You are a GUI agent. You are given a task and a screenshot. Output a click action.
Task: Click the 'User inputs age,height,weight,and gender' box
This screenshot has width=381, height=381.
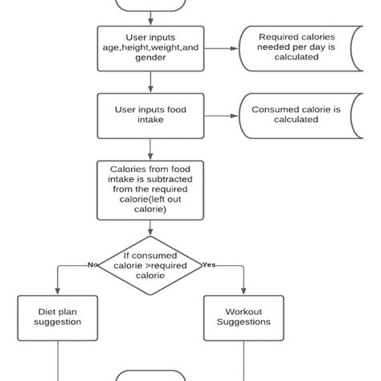(150, 48)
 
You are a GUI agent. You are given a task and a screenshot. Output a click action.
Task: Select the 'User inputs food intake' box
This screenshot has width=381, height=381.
(150, 116)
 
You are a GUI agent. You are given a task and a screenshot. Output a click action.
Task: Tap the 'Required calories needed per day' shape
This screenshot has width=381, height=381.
(301, 48)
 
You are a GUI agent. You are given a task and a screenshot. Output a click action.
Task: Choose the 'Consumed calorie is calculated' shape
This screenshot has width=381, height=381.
(301, 116)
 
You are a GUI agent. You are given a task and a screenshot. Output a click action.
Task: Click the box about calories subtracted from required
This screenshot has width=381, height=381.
(150, 190)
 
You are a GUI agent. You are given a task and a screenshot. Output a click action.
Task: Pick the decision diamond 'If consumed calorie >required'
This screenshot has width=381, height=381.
(150, 265)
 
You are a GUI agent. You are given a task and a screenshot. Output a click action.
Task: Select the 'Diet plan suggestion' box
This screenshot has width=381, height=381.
(58, 318)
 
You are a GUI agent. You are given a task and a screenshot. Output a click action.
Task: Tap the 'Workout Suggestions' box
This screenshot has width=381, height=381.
(244, 318)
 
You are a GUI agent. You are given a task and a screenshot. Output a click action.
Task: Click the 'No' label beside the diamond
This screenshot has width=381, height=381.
(92, 264)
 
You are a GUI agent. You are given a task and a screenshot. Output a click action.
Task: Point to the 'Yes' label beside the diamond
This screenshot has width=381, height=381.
(209, 264)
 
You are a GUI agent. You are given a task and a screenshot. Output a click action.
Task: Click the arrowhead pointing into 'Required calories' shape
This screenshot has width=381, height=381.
(235, 48)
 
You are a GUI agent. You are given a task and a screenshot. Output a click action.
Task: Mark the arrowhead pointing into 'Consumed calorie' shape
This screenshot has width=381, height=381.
(235, 116)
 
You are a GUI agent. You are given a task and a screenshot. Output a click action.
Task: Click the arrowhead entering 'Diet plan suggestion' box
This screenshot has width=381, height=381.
(58, 291)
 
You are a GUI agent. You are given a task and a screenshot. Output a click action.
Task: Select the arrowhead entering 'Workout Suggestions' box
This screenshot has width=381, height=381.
(244, 291)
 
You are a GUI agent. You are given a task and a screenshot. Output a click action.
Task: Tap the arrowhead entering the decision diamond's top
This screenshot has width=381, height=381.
(150, 232)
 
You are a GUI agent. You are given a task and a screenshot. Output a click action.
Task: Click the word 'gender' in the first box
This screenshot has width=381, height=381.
(150, 58)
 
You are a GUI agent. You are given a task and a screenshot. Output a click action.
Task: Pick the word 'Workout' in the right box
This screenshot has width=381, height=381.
(244, 312)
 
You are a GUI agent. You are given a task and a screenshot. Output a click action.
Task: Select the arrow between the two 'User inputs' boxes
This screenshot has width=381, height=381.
(150, 82)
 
